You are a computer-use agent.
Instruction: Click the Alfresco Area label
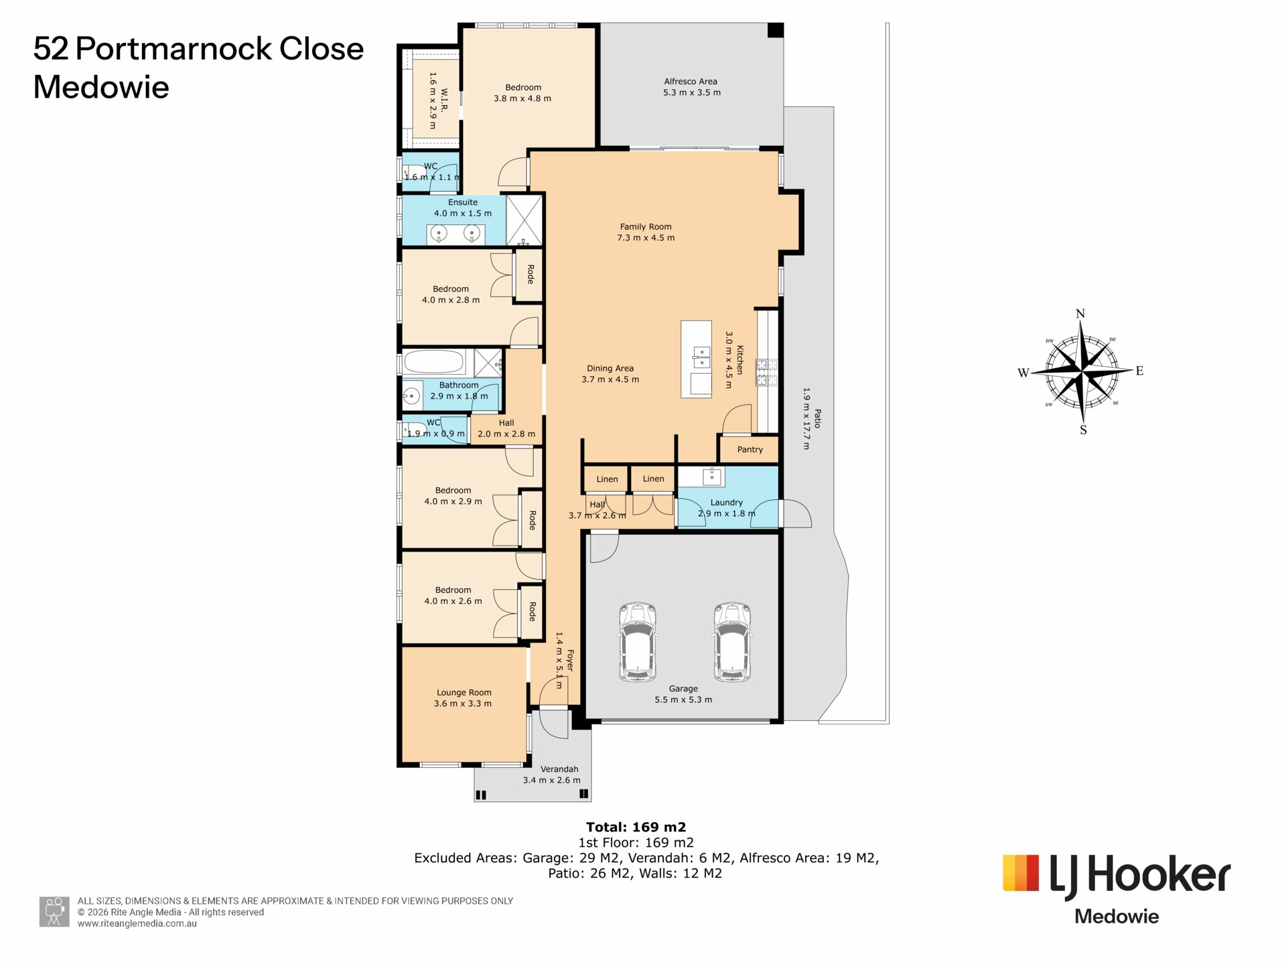(691, 82)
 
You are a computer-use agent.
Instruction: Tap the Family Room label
(646, 227)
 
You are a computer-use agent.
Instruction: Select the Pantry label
(750, 450)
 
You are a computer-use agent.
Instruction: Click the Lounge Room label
(464, 693)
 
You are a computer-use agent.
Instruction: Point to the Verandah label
(559, 769)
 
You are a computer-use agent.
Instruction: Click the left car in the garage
(638, 641)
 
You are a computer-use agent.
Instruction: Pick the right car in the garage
(731, 641)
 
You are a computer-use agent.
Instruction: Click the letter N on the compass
(1080, 314)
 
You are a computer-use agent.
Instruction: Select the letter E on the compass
(1139, 371)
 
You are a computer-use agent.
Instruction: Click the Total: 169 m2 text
(636, 827)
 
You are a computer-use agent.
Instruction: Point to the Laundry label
(727, 503)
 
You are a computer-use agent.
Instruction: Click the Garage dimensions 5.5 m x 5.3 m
(683, 700)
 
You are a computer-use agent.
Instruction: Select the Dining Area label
(610, 368)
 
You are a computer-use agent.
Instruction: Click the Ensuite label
(463, 202)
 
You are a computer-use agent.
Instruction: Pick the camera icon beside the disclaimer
(54, 912)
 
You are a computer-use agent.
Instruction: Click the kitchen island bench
(696, 359)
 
